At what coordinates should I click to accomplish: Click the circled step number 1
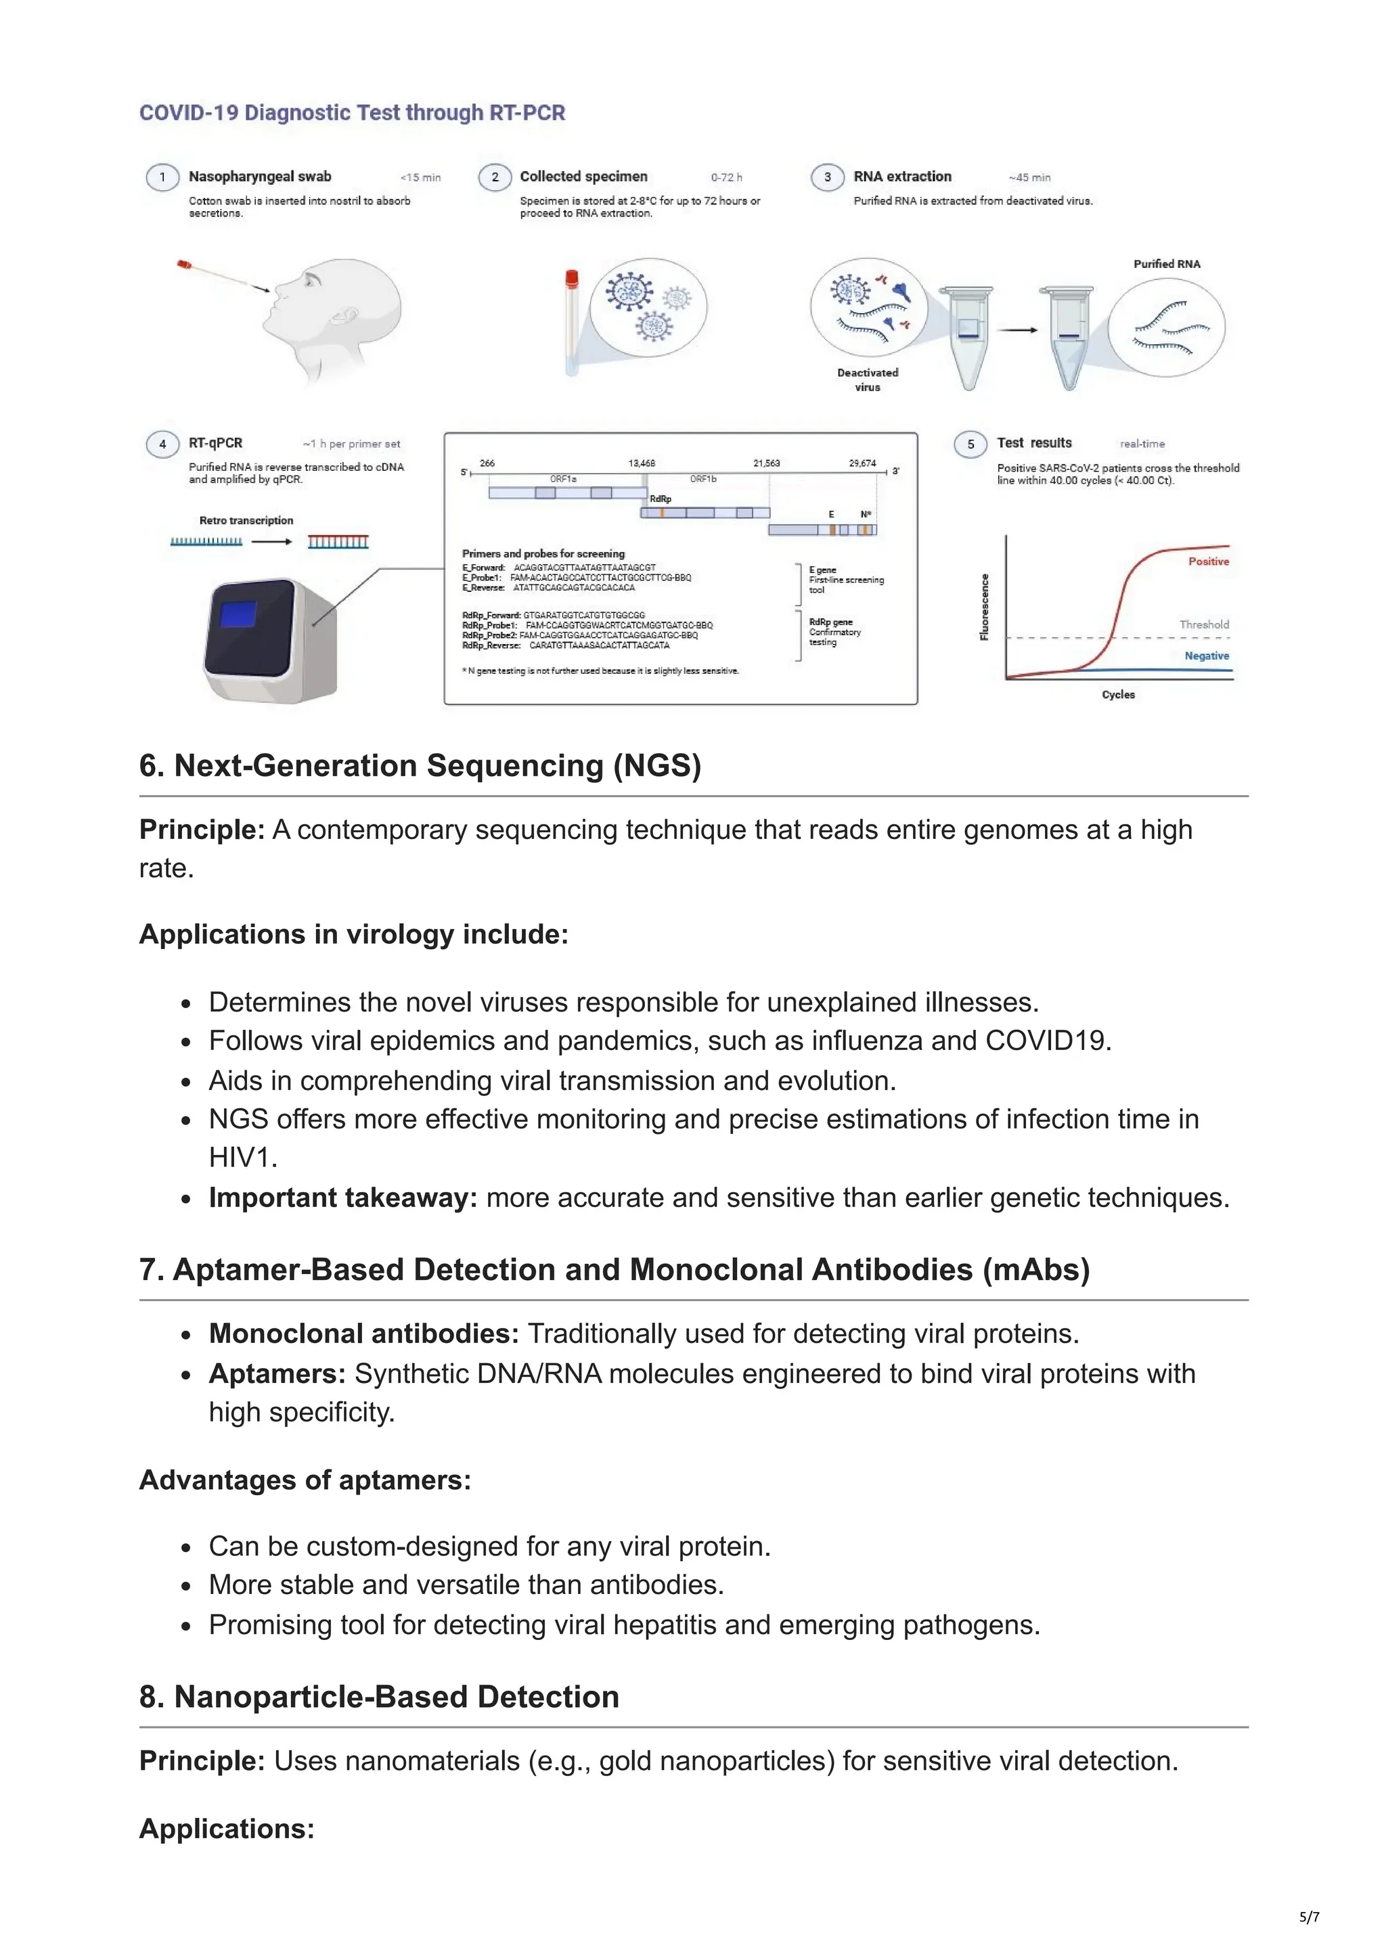pos(162,177)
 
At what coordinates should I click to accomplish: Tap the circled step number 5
pos(970,444)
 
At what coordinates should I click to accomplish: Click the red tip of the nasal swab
pos(183,265)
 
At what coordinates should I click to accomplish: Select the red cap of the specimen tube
pos(571,277)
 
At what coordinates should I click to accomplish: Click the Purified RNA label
pos(1167,264)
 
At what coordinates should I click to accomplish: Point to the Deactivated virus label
pos(868,380)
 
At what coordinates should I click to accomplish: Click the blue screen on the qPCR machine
pos(238,614)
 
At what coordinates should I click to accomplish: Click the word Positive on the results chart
pos(1209,562)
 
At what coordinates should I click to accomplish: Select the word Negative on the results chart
pos(1207,656)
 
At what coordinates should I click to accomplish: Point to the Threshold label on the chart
pos(1204,625)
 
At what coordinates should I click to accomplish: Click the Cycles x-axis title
pos(1118,695)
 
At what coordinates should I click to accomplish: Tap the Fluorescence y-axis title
pos(985,607)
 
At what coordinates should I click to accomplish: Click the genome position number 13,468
pos(642,463)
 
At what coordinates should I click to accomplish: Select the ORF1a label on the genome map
pos(563,479)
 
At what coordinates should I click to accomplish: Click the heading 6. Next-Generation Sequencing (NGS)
pos(420,766)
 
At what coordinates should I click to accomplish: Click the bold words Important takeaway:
pos(342,1198)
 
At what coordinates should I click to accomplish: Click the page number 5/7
pos(1309,1917)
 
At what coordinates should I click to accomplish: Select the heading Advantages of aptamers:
pos(305,1480)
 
